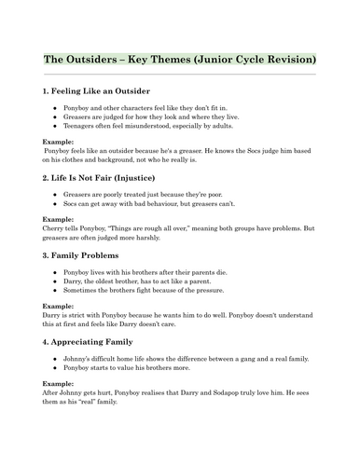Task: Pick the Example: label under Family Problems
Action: point(61,321)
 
